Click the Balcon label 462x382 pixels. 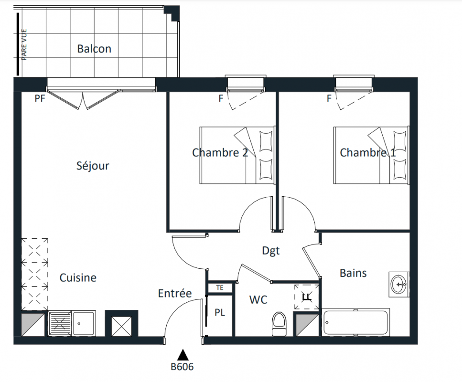(x=94, y=49)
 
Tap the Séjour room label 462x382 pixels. (x=93, y=166)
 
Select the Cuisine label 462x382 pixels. (x=78, y=277)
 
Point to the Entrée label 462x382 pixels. (x=175, y=293)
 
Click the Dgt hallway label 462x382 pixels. (x=271, y=251)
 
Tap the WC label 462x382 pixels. (x=258, y=300)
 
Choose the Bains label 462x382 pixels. (x=353, y=273)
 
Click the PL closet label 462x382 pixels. (x=220, y=312)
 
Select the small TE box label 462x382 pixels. (x=220, y=288)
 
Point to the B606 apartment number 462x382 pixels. (x=183, y=367)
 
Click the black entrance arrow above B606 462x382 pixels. (x=183, y=355)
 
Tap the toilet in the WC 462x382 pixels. (x=279, y=324)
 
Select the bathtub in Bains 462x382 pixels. (x=355, y=322)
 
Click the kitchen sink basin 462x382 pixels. (x=84, y=323)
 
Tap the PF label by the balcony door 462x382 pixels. (x=40, y=98)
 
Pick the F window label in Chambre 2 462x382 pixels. (x=221, y=98)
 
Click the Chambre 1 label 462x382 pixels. (x=368, y=153)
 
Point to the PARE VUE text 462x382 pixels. (x=24, y=45)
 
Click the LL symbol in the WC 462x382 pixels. (x=307, y=297)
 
